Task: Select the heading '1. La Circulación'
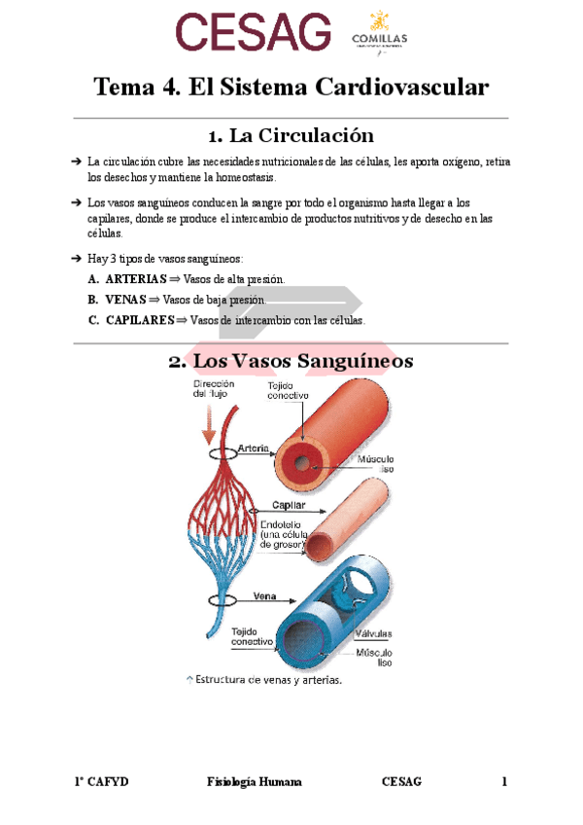(291, 135)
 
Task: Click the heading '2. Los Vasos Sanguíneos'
(291, 362)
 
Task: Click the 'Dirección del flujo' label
(214, 389)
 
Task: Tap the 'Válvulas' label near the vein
(373, 631)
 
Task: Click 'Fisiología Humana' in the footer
(256, 781)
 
